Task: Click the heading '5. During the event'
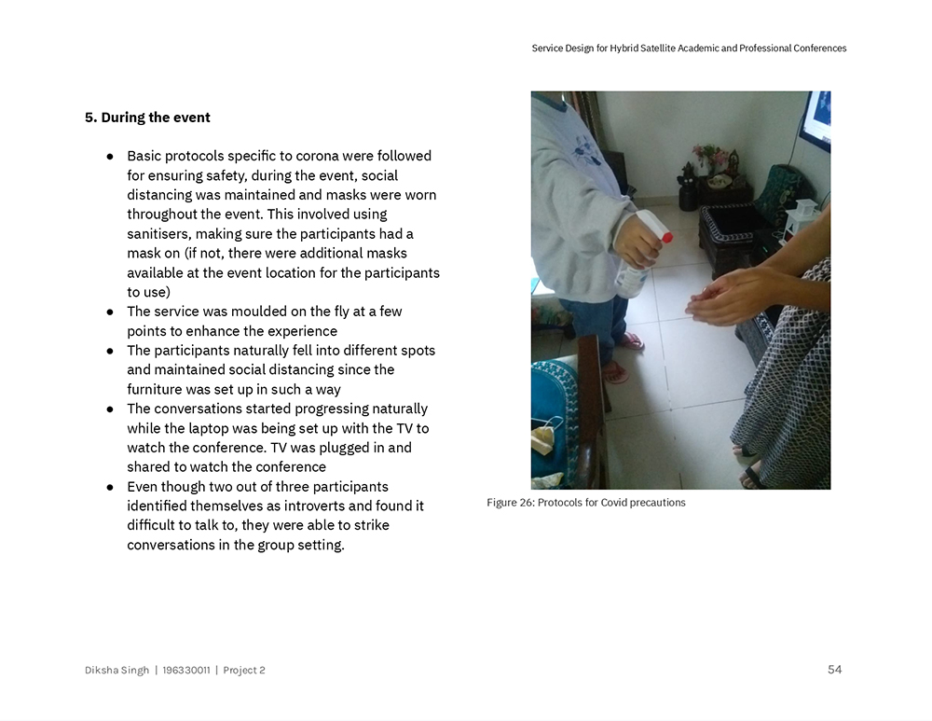click(147, 118)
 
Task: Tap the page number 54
click(834, 670)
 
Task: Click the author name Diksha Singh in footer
click(116, 670)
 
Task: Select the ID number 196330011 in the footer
click(185, 670)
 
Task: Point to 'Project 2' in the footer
click(244, 670)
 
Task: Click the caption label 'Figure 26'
click(509, 503)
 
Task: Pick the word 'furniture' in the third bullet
click(156, 389)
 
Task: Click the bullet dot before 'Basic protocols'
click(110, 156)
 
